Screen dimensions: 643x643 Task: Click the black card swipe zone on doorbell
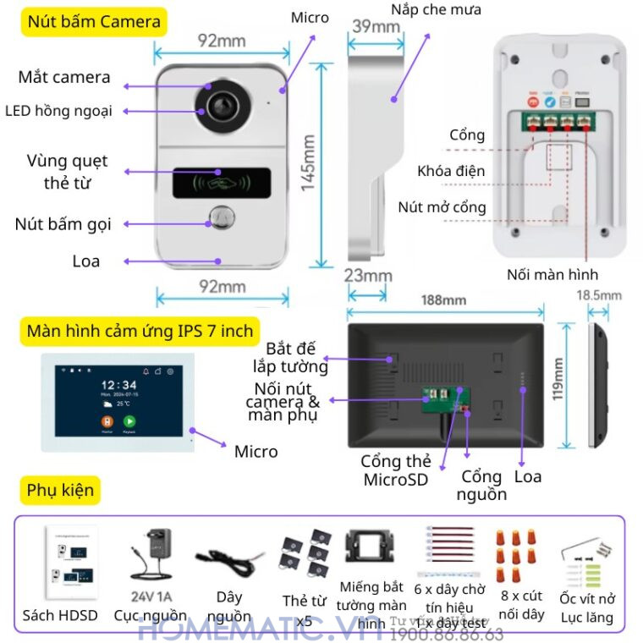pos(222,180)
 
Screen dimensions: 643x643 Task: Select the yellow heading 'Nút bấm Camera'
pos(94,22)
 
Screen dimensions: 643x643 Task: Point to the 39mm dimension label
pos(375,27)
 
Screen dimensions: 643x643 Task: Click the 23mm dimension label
pos(368,275)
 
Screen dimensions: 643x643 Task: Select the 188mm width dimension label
pos(443,300)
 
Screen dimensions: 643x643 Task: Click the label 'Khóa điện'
pos(451,172)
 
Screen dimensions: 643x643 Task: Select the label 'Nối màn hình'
pos(552,274)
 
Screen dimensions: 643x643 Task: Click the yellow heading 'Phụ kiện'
pos(60,490)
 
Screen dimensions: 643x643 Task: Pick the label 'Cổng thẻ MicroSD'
pos(395,470)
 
